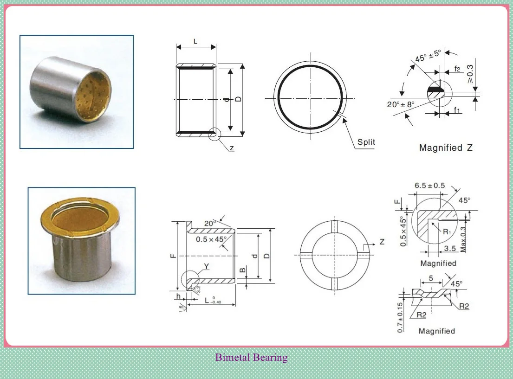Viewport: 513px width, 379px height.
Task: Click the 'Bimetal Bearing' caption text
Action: point(251,358)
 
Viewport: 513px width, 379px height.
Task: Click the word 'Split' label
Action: point(366,142)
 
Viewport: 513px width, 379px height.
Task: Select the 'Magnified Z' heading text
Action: point(446,148)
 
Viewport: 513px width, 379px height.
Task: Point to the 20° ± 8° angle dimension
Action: point(400,104)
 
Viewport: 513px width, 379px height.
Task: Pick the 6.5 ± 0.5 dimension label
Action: point(429,186)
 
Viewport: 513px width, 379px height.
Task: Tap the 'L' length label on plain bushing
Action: point(195,42)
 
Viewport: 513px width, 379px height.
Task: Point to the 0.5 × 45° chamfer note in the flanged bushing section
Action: point(211,239)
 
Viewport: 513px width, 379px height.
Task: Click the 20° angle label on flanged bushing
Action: point(210,223)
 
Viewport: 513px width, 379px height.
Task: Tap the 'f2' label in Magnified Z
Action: point(457,70)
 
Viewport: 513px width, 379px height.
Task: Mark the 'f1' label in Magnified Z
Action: point(457,110)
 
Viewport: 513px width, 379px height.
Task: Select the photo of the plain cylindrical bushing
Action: point(77,92)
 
